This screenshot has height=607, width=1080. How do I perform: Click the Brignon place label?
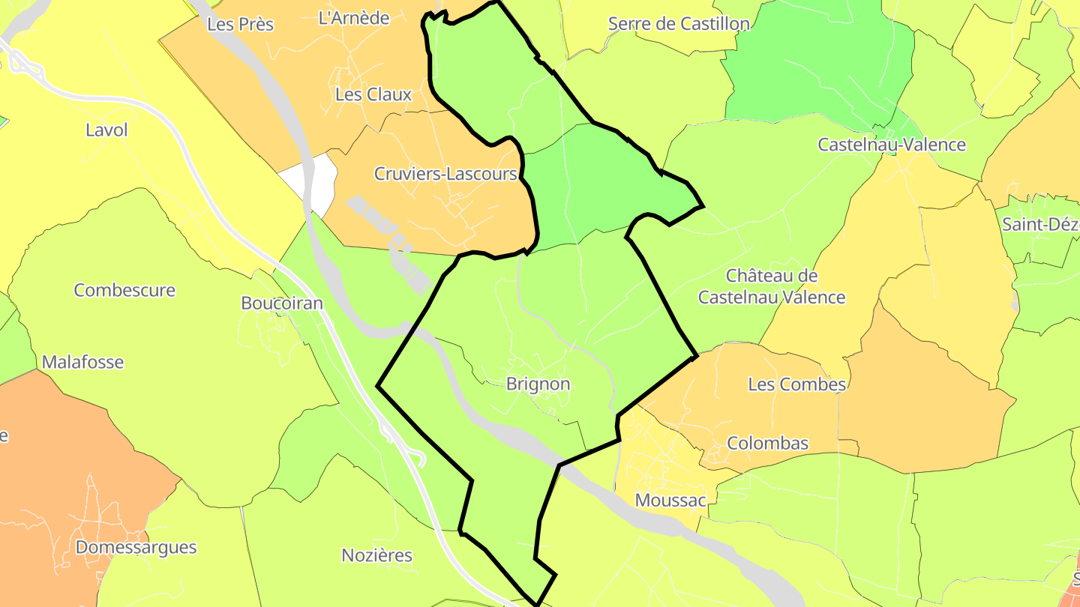[x=538, y=384]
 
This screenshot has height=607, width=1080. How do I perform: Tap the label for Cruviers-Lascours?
[x=445, y=174]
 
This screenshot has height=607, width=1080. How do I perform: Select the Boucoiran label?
[x=282, y=303]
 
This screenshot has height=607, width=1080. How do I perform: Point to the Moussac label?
[x=670, y=500]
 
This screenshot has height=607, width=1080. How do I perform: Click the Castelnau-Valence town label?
[x=892, y=145]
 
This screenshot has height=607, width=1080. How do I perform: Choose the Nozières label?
[x=376, y=555]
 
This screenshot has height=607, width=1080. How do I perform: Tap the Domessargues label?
[x=136, y=547]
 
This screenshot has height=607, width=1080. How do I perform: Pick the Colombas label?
[x=768, y=443]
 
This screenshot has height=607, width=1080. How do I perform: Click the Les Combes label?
[x=796, y=384]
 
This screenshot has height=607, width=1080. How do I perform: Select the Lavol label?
[x=106, y=130]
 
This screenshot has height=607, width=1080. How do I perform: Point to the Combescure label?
[x=124, y=290]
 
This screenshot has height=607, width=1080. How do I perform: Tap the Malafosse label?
[x=82, y=362]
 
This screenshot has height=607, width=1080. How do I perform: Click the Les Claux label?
[x=373, y=94]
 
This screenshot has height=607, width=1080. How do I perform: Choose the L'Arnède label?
[x=354, y=18]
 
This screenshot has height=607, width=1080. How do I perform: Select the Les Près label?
[x=240, y=24]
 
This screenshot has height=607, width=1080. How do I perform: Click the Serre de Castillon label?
[x=679, y=23]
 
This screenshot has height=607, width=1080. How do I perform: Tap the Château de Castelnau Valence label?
[x=772, y=286]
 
